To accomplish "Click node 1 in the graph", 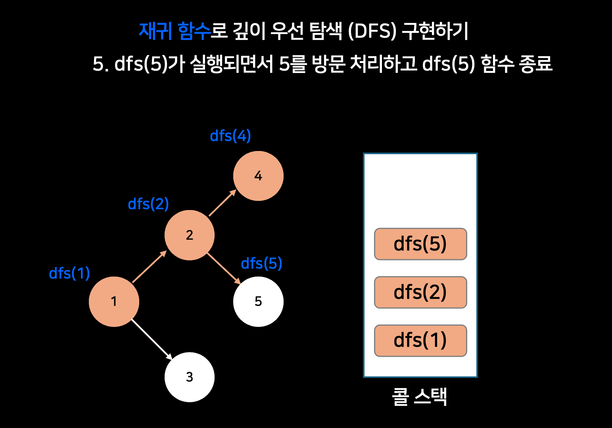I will (114, 302).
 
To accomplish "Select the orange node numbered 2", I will (190, 235).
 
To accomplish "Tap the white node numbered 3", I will (190, 377).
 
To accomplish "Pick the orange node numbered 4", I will (258, 176).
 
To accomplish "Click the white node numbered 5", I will (258, 302).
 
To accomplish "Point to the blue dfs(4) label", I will (230, 136).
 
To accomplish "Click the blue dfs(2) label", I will (148, 204).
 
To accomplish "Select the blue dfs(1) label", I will (69, 273).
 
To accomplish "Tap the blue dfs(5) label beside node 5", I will (261, 264).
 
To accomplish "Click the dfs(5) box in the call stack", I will (420, 244).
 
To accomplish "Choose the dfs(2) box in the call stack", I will (420, 292).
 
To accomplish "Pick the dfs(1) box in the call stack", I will (420, 341).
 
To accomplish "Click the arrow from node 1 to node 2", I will (149, 267).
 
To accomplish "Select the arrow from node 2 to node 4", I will (222, 203).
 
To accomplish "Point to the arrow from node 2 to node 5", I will (224, 268).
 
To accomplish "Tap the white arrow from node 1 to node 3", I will (152, 339).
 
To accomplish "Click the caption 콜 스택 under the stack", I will (420, 396).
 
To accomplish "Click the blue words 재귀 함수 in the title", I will (175, 31).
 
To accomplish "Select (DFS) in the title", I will (372, 31).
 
